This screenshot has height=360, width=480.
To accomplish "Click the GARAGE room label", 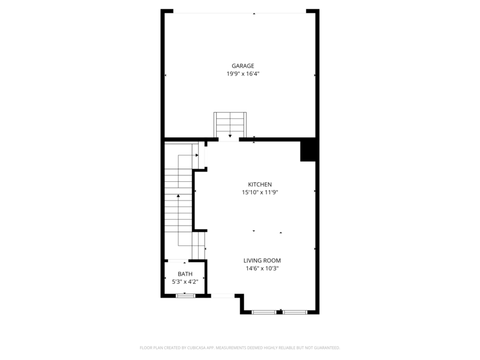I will click(243, 66).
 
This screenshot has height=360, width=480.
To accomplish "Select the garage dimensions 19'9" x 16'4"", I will click(243, 74).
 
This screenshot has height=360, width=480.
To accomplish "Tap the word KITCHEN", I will click(260, 184).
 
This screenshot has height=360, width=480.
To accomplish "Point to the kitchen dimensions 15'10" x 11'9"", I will click(260, 193).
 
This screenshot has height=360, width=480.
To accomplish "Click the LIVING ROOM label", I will click(262, 260).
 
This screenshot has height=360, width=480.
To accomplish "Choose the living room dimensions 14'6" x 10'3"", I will click(262, 269).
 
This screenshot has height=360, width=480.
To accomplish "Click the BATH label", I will click(185, 274).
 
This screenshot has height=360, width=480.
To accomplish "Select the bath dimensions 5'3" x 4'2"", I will click(185, 281).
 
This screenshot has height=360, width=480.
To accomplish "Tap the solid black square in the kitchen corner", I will click(308, 151).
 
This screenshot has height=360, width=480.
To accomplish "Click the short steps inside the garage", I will click(230, 124).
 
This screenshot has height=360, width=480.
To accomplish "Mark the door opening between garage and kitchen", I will click(229, 139).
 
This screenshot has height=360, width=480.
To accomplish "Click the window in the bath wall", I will click(185, 295).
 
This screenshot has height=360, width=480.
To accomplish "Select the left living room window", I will click(264, 311).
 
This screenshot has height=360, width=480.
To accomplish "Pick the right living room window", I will click(295, 311).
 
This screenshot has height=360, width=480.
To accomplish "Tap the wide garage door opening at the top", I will click(240, 13).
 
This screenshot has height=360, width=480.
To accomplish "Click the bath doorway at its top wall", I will click(178, 261).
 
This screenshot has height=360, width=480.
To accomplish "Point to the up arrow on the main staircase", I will click(178, 197).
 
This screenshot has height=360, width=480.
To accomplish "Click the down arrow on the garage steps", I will click(230, 135).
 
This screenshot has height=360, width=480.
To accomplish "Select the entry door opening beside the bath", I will click(223, 295).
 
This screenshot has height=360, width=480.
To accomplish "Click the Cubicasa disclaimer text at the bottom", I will click(240, 347).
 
